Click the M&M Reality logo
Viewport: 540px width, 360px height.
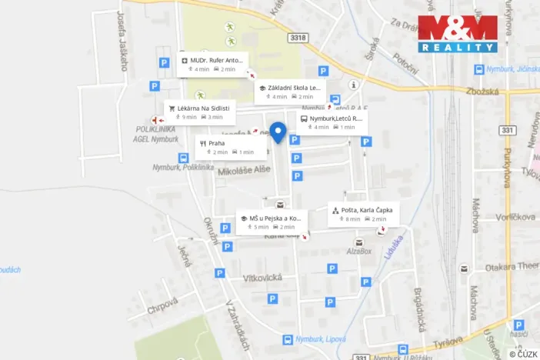458,34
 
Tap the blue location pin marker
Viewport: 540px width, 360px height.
278,132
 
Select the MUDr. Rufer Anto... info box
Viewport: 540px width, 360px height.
212,64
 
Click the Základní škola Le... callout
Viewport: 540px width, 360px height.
290,92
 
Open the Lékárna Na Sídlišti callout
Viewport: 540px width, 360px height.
198,112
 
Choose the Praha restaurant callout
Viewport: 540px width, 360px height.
230,147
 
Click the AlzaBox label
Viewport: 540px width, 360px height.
358,251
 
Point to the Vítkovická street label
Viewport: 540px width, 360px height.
262,278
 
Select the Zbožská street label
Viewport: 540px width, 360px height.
482,92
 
